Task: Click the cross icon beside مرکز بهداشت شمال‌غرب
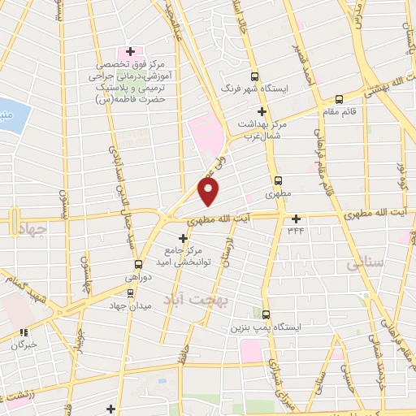pos(262,110)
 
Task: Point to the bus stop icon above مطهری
pos(279,180)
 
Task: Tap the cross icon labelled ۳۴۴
pos(296,218)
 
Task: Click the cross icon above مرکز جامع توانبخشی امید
pos(182,238)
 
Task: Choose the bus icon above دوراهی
pos(138,263)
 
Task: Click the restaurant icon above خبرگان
pos(24,331)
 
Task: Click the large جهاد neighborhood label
pos(33,229)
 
